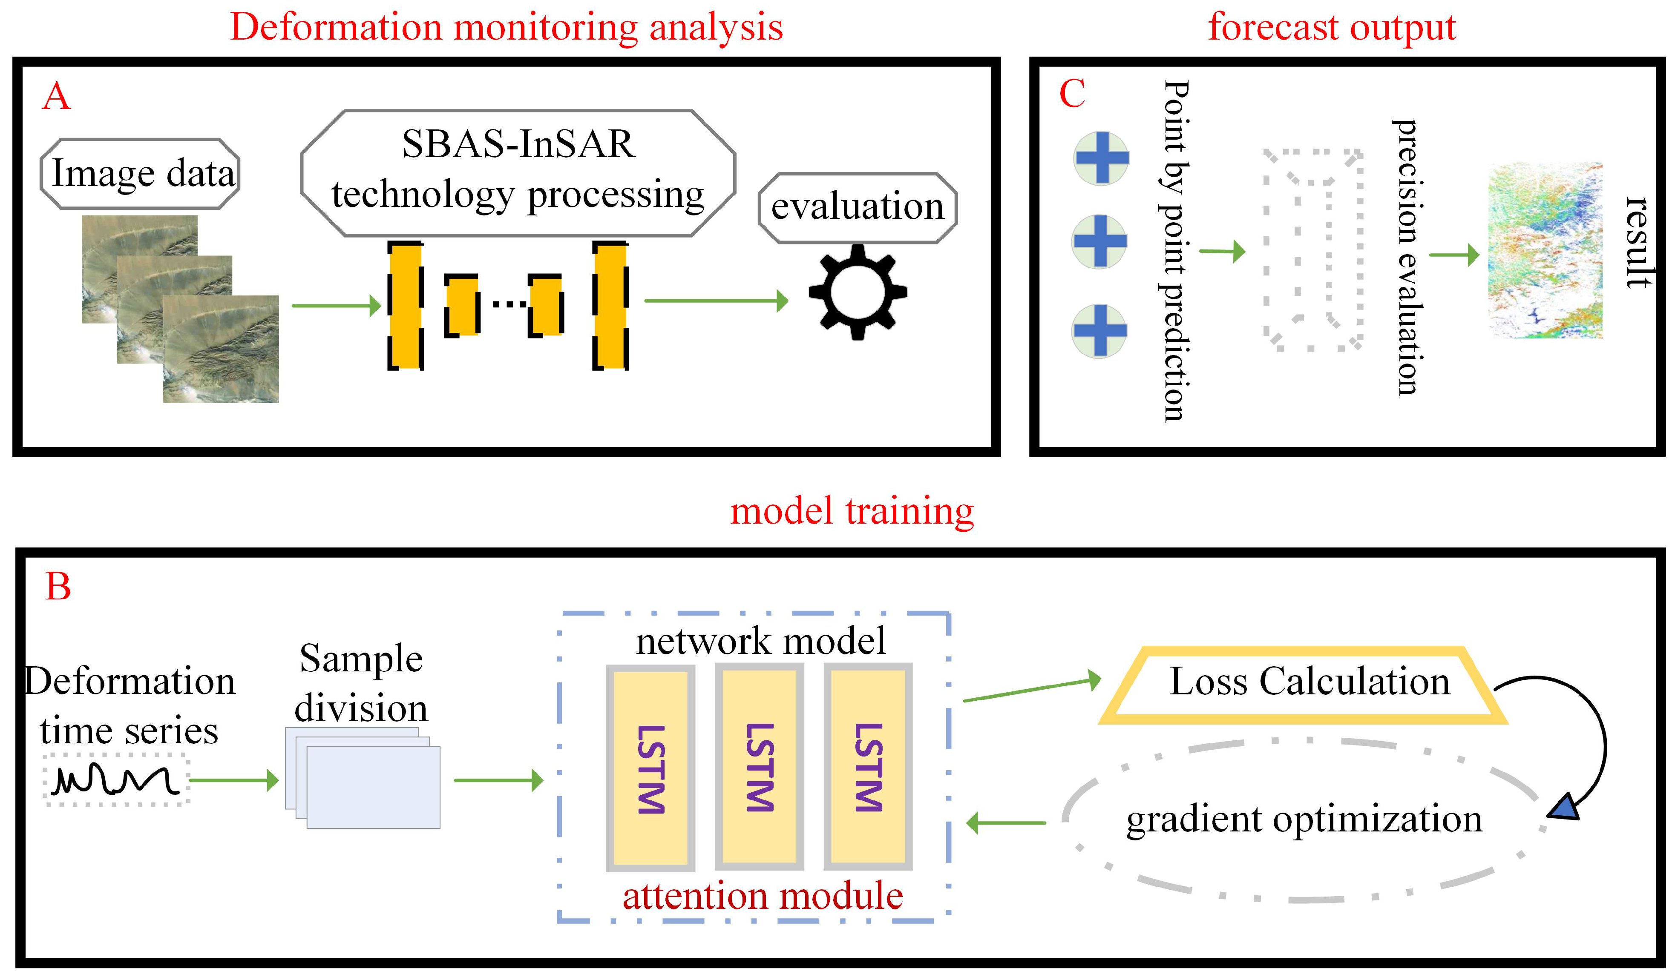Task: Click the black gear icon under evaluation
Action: pos(858,292)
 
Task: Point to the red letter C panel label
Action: pos(1071,94)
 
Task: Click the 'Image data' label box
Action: pos(140,174)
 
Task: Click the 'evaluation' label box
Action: pos(858,208)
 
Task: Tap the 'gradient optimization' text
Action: pos(1304,819)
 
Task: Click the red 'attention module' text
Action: pos(763,896)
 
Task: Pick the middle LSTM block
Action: pos(759,767)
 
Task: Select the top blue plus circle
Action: pos(1101,158)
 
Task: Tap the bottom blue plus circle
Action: pos(1099,331)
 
